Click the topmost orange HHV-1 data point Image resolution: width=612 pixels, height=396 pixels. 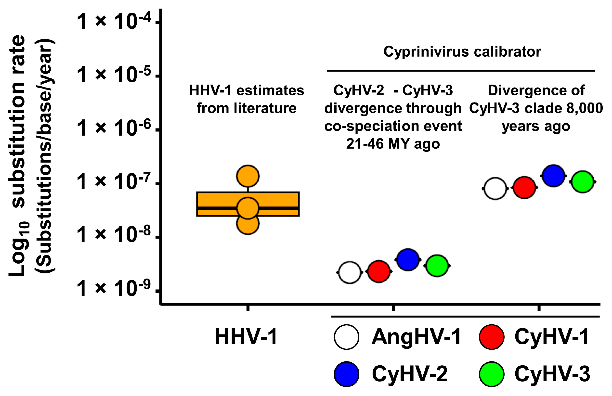248,176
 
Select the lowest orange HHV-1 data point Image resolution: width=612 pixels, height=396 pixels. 248,224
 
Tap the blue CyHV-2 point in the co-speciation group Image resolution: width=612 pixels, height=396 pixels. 408,260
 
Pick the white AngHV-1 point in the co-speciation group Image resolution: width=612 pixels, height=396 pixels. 350,272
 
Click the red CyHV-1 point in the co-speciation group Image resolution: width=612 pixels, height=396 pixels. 379,271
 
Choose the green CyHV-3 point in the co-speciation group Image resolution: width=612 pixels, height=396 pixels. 437,266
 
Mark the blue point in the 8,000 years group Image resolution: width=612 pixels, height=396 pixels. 554,176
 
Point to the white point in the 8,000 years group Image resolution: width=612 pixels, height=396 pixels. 495,189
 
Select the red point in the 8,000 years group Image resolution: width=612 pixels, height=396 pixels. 525,188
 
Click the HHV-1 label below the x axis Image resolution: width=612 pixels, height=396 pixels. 246,337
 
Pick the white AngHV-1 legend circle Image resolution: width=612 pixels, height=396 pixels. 347,337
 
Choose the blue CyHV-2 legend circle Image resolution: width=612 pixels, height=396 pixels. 347,374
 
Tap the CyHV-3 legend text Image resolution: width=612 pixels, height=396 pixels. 552,374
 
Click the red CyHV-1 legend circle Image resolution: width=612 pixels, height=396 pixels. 492,337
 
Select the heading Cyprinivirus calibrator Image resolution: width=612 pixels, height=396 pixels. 462,52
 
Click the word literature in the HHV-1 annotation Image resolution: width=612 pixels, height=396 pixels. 265,108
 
